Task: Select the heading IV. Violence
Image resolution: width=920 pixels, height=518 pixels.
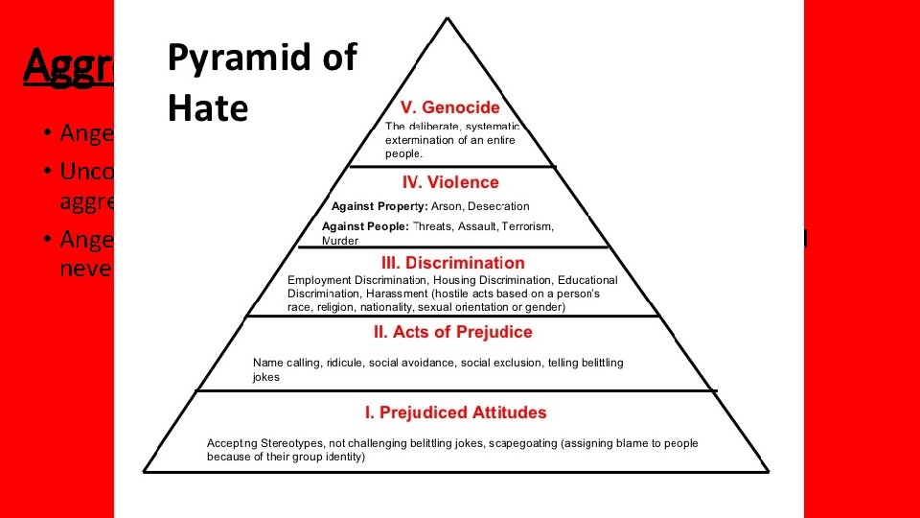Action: click(450, 182)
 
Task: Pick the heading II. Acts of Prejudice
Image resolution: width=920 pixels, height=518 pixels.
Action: click(452, 332)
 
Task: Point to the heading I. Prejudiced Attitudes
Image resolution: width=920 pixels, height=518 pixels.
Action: click(455, 412)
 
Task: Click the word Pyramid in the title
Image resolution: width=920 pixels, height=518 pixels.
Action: click(230, 59)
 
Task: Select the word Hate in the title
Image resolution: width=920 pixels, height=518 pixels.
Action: click(207, 108)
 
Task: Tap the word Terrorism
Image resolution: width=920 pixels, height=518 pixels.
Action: click(529, 226)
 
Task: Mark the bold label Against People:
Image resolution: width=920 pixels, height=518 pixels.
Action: click(366, 226)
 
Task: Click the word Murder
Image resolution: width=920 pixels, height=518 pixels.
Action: click(340, 242)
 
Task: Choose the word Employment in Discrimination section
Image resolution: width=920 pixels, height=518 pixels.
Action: click(319, 279)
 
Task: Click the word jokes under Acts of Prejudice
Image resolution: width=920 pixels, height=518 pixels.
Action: click(266, 377)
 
